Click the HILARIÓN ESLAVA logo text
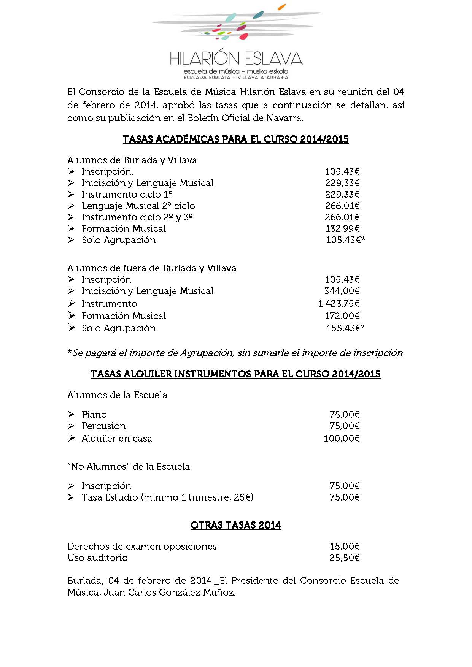tap(236, 59)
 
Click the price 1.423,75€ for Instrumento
tap(339, 303)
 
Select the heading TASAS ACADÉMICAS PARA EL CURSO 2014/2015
tap(235, 139)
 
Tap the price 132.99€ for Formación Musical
tap(342, 228)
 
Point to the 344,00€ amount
tap(342, 291)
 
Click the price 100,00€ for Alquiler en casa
tap(341, 438)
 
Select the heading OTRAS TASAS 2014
tap(235, 525)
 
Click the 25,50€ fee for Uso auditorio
tap(344, 558)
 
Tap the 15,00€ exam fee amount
tap(344, 546)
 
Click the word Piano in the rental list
tap(94, 414)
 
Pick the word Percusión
tap(103, 426)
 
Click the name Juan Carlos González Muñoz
tap(169, 592)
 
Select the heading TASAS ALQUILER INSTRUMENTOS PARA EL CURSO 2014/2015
tap(235, 374)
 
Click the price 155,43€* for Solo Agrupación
tap(345, 328)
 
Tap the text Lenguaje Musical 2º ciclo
tap(138, 206)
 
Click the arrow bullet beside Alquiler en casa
tap(71, 438)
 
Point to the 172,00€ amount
tap(342, 316)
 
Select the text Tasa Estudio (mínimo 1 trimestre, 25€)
tap(167, 497)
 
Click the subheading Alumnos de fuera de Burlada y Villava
tap(152, 268)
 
